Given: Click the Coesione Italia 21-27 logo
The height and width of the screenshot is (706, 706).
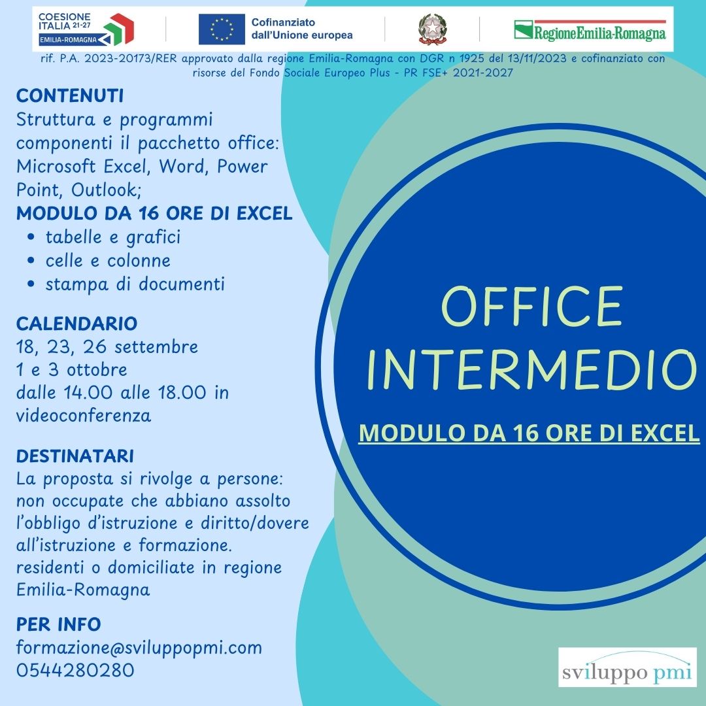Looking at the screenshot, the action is (x=86, y=29).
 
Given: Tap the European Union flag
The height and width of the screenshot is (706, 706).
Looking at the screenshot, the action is (x=222, y=29).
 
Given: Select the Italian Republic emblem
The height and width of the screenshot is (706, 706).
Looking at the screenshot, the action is (x=432, y=29).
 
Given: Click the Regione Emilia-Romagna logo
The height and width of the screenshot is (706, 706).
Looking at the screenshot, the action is (x=590, y=30).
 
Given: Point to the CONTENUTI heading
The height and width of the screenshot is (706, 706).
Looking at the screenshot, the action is (x=70, y=96).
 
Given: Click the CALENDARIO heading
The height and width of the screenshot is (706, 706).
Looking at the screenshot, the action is (x=76, y=324).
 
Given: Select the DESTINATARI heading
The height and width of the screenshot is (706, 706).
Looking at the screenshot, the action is (x=75, y=456).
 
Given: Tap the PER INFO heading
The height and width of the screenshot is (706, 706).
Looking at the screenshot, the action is (x=59, y=624).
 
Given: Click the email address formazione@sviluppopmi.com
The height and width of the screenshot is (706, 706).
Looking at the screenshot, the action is (x=139, y=648).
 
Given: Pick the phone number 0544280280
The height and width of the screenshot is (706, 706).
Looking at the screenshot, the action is (x=75, y=670).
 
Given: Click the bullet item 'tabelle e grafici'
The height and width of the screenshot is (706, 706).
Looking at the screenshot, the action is (x=113, y=237).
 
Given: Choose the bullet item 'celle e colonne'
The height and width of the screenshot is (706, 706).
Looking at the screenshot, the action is (x=108, y=261).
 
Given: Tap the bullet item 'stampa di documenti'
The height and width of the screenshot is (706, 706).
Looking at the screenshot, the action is (x=135, y=284).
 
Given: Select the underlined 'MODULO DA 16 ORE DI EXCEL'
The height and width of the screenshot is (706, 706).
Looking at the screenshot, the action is (x=529, y=433).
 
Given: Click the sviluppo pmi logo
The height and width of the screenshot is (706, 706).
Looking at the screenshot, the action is (x=627, y=667).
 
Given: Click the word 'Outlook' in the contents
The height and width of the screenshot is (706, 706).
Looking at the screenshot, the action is (x=107, y=190).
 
